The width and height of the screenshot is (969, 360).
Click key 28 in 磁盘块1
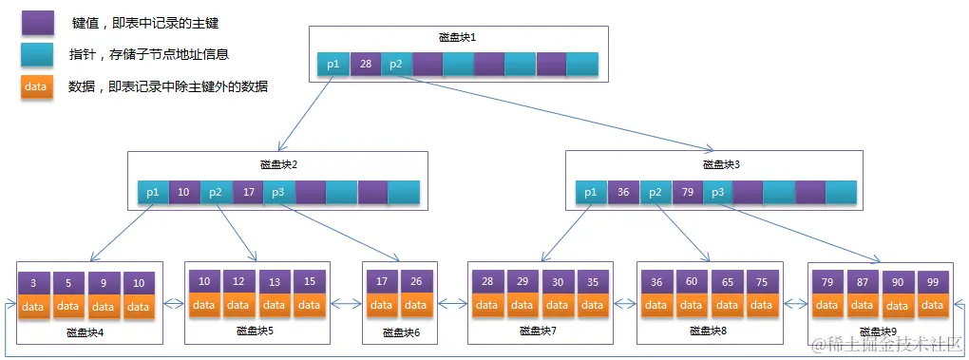tap(365, 65)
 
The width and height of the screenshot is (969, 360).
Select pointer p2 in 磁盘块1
tap(396, 65)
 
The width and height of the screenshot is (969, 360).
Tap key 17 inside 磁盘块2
tap(247, 192)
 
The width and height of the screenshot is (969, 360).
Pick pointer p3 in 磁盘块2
tap(278, 192)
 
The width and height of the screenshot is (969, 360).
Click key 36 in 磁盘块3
tap(623, 192)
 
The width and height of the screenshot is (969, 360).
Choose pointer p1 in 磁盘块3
tap(591, 192)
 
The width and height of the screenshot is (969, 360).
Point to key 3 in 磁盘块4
tap(33, 284)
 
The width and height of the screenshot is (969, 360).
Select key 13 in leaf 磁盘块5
tap(275, 282)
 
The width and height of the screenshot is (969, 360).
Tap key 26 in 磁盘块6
tap(416, 282)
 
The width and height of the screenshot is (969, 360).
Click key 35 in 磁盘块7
tap(593, 282)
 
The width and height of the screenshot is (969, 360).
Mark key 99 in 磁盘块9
tap(932, 282)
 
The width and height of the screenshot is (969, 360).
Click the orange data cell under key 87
tap(862, 305)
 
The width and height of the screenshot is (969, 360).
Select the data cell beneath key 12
tap(239, 305)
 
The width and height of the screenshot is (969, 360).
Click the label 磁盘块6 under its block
tap(401, 332)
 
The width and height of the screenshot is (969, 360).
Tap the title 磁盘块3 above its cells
tap(721, 164)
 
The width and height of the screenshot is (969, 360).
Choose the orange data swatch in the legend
tap(37, 86)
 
